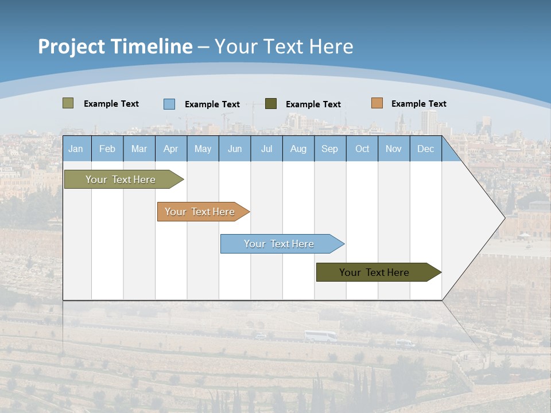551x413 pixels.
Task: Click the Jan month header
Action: (x=76, y=149)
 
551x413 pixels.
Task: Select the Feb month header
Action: (x=107, y=149)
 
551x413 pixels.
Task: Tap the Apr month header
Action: (x=170, y=149)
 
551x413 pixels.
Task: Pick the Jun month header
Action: (x=235, y=149)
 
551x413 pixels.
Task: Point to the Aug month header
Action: (x=298, y=149)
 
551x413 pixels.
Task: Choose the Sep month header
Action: (x=329, y=149)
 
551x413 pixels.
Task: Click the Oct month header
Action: (x=362, y=149)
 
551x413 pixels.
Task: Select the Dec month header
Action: (x=425, y=149)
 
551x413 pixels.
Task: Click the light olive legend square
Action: (x=68, y=103)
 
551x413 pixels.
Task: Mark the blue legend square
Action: (x=169, y=104)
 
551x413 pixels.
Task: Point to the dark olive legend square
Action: (x=271, y=104)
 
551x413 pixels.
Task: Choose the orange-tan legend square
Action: (x=377, y=103)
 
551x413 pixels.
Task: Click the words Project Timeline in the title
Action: (x=115, y=46)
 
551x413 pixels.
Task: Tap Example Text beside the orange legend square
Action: (x=418, y=104)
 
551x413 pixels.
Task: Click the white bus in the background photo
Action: (x=320, y=337)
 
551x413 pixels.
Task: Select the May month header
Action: (x=203, y=149)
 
